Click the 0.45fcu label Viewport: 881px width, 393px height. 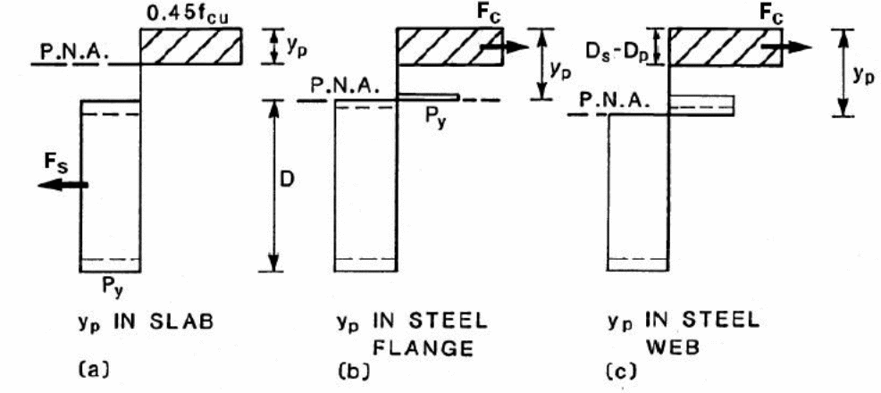pos(190,13)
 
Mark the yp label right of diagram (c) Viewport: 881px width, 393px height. pos(863,75)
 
